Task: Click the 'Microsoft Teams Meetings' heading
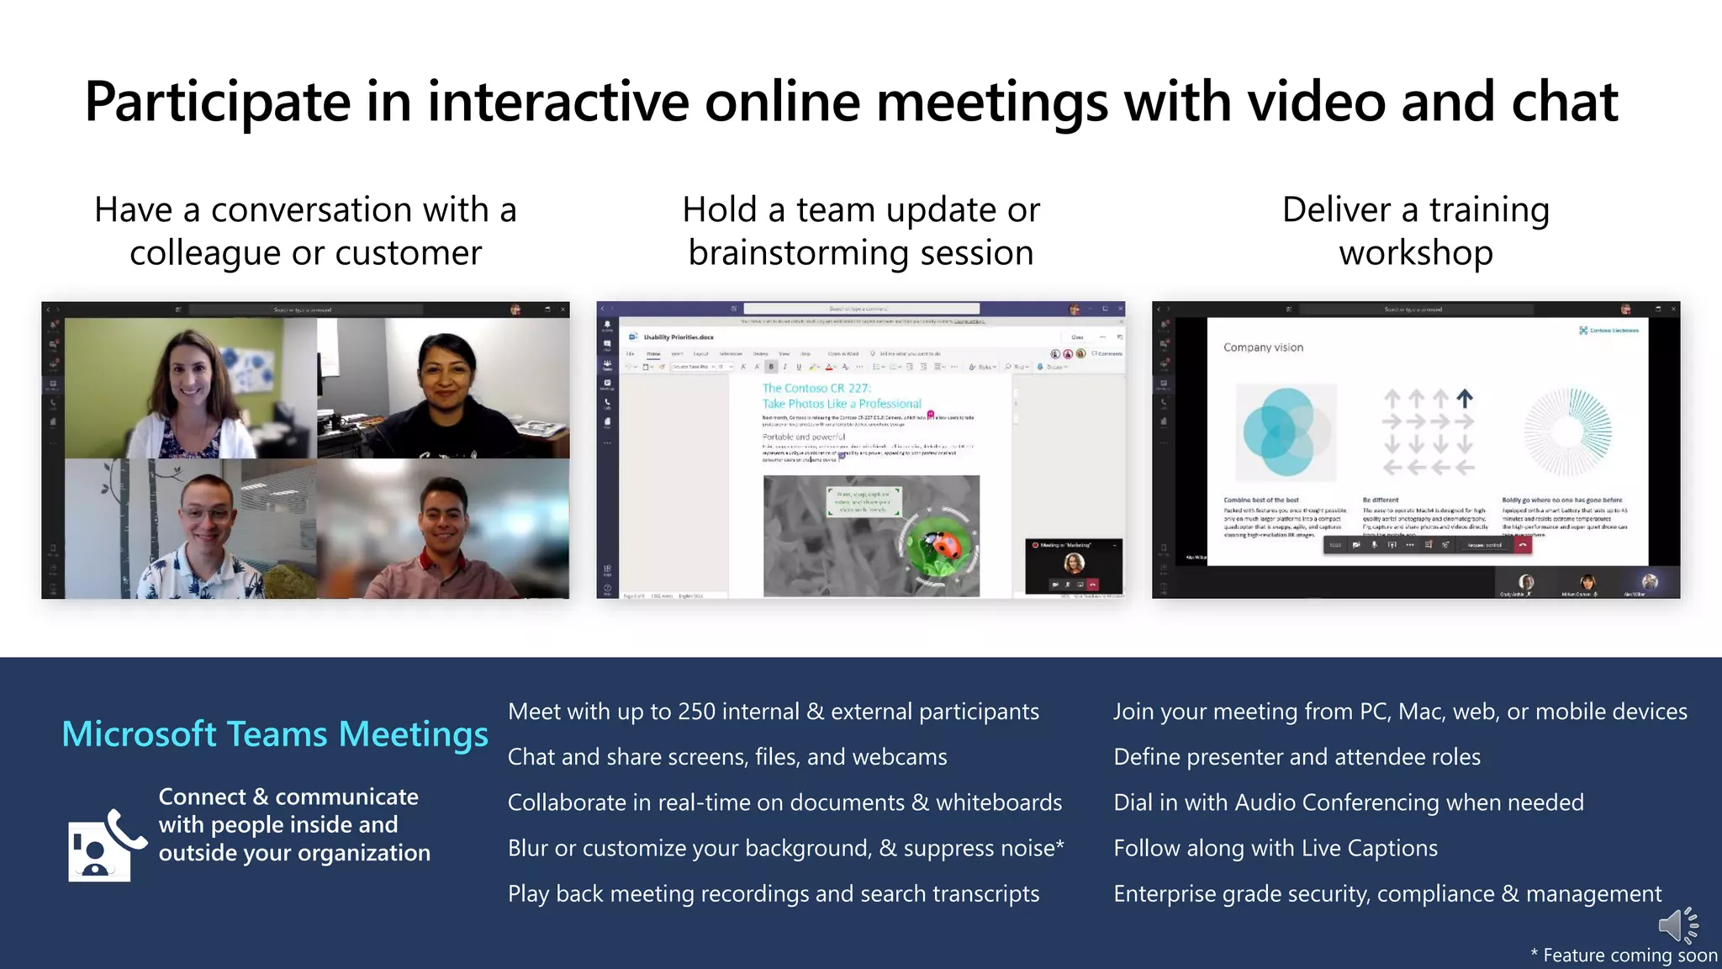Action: [x=275, y=734]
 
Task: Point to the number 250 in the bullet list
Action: [x=696, y=712]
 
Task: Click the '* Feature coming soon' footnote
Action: [x=1623, y=956]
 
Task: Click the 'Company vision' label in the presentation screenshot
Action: [x=1263, y=347]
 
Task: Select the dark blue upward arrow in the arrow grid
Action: [x=1465, y=398]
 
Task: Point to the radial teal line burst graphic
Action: [x=1567, y=432]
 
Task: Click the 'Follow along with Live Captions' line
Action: [x=1276, y=848]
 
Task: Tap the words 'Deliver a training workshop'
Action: [x=1416, y=231]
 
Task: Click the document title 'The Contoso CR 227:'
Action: [x=816, y=388]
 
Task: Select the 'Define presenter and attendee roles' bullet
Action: [x=1297, y=757]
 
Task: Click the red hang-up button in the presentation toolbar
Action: [x=1522, y=545]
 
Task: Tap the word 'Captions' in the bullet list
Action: [x=1392, y=848]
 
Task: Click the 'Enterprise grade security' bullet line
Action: [x=1387, y=893]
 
